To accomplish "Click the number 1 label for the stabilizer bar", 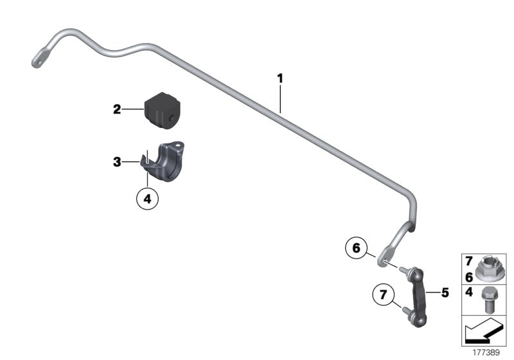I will tap(279, 78).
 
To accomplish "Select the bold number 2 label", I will tap(117, 110).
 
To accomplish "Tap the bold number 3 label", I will tap(117, 162).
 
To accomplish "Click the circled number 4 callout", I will tap(146, 199).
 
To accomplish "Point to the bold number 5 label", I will tap(444, 292).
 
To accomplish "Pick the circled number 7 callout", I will tap(383, 296).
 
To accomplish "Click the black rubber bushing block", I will tap(163, 109).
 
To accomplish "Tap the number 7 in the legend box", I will tap(469, 262).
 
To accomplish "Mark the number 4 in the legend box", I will tap(469, 292).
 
